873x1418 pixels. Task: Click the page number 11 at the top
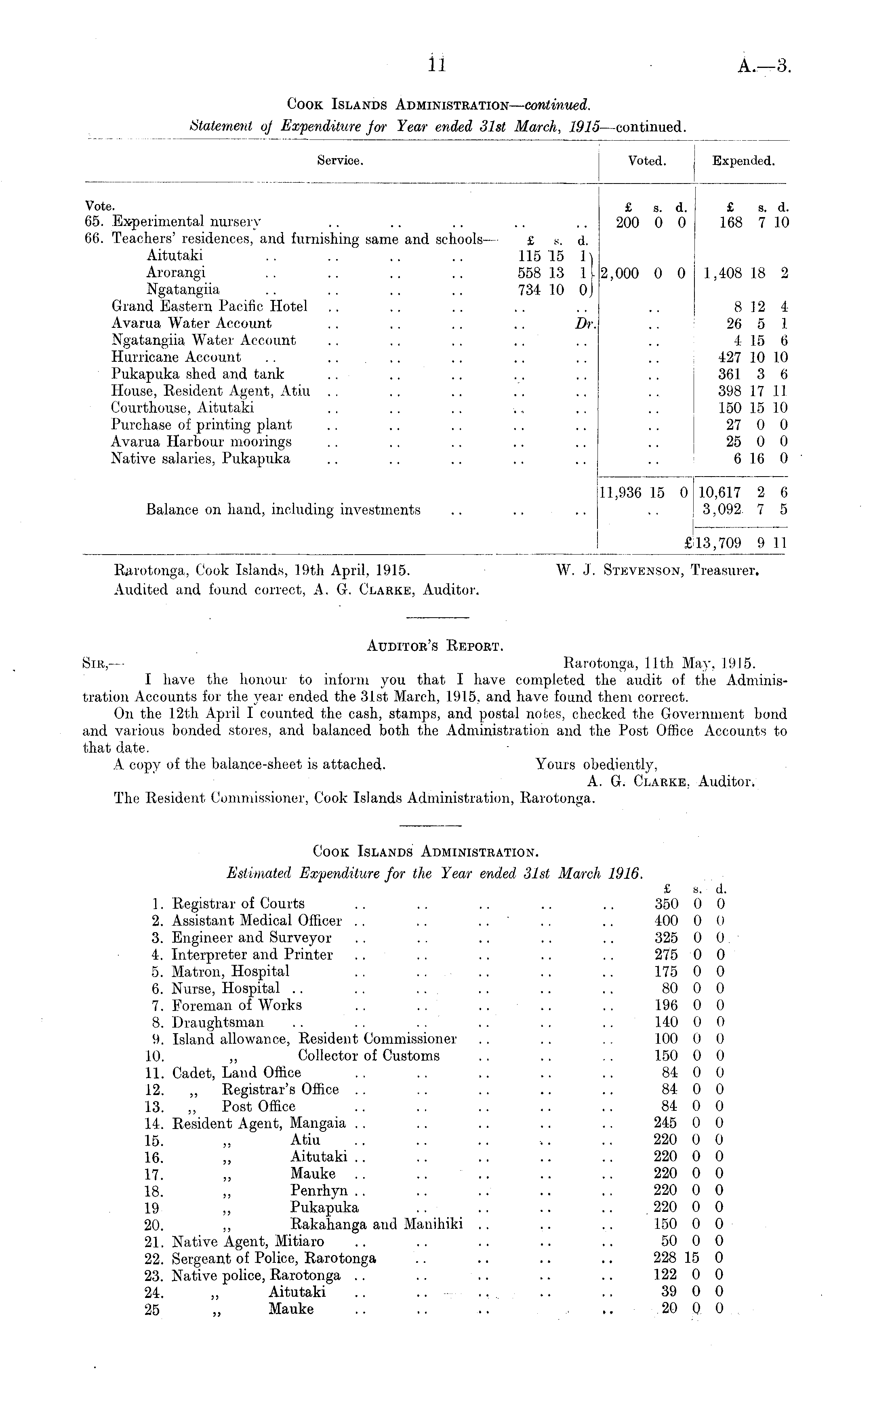click(x=437, y=65)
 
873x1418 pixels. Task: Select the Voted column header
click(x=647, y=161)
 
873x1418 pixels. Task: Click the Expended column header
click(x=743, y=161)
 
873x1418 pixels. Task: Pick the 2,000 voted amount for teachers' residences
click(x=620, y=273)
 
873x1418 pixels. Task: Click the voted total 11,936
click(x=620, y=493)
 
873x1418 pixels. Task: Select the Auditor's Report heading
click(x=435, y=646)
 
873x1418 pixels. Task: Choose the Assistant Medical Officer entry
click(x=257, y=920)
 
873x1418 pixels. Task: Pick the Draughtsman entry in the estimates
click(x=218, y=1022)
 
